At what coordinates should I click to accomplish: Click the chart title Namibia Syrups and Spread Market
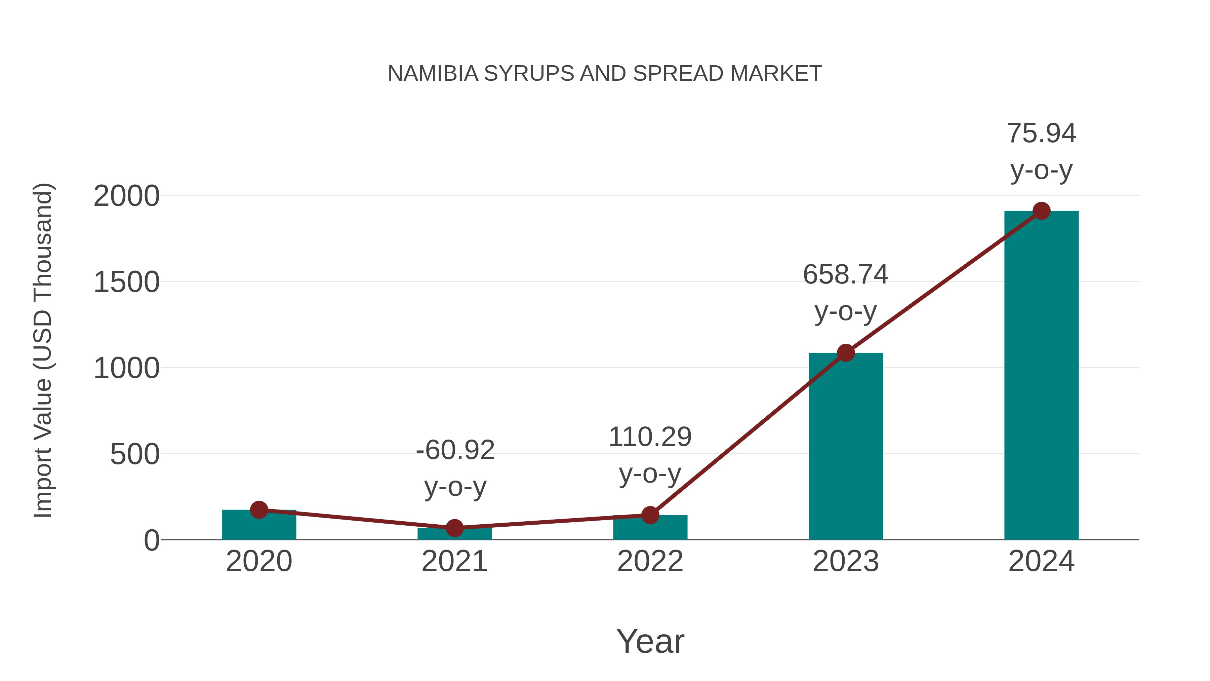tap(605, 73)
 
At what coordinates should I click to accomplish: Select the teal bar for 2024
tap(1041, 376)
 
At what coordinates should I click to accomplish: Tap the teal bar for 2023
tap(846, 447)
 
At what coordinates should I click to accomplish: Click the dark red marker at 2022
tap(650, 515)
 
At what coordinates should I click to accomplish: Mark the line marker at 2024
tap(1041, 211)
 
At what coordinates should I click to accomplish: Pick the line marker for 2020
tap(259, 509)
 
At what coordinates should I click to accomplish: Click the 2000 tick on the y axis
tap(127, 196)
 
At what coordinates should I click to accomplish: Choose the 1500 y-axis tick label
tap(127, 282)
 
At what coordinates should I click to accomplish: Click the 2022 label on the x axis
tap(650, 561)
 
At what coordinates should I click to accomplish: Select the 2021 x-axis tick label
tap(454, 561)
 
